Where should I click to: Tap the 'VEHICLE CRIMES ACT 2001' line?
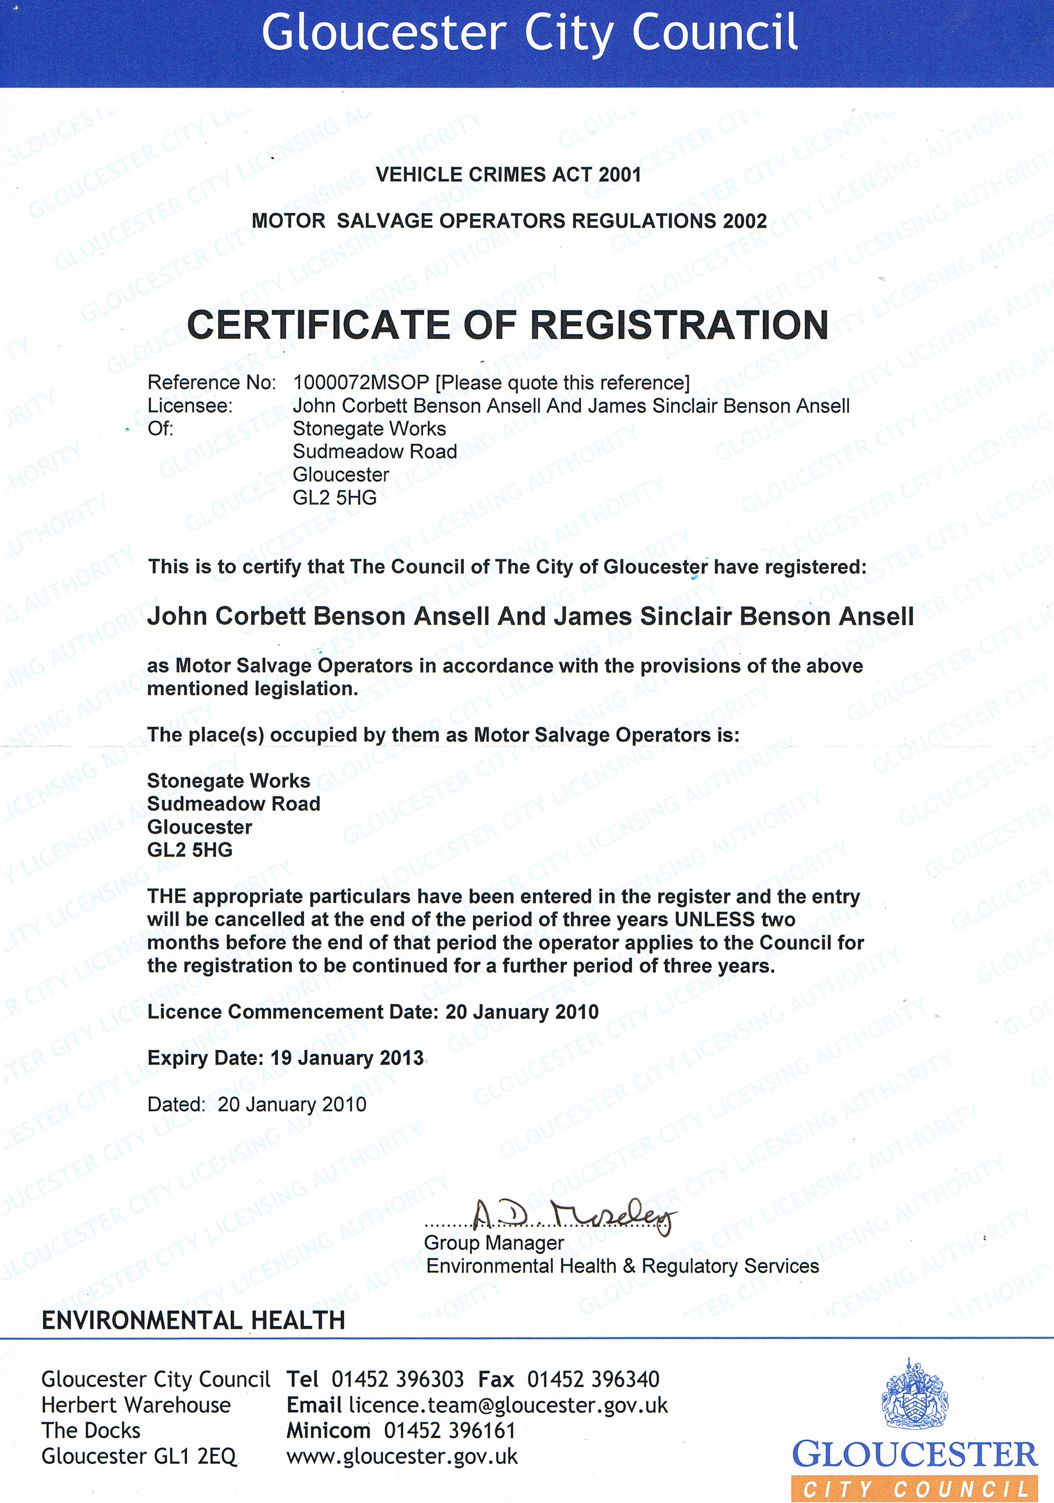point(508,175)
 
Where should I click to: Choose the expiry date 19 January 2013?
point(347,1059)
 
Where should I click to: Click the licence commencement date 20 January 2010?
point(522,1012)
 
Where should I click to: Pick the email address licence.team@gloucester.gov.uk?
point(508,1405)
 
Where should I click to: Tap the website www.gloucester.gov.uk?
point(402,1457)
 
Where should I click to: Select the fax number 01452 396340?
point(593,1380)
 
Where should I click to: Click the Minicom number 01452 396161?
point(450,1431)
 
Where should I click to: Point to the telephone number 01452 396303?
point(398,1380)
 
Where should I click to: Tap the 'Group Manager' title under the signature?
point(494,1243)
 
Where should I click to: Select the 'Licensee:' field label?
point(190,406)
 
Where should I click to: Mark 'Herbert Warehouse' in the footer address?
point(136,1405)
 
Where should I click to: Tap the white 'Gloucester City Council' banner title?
point(529,33)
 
